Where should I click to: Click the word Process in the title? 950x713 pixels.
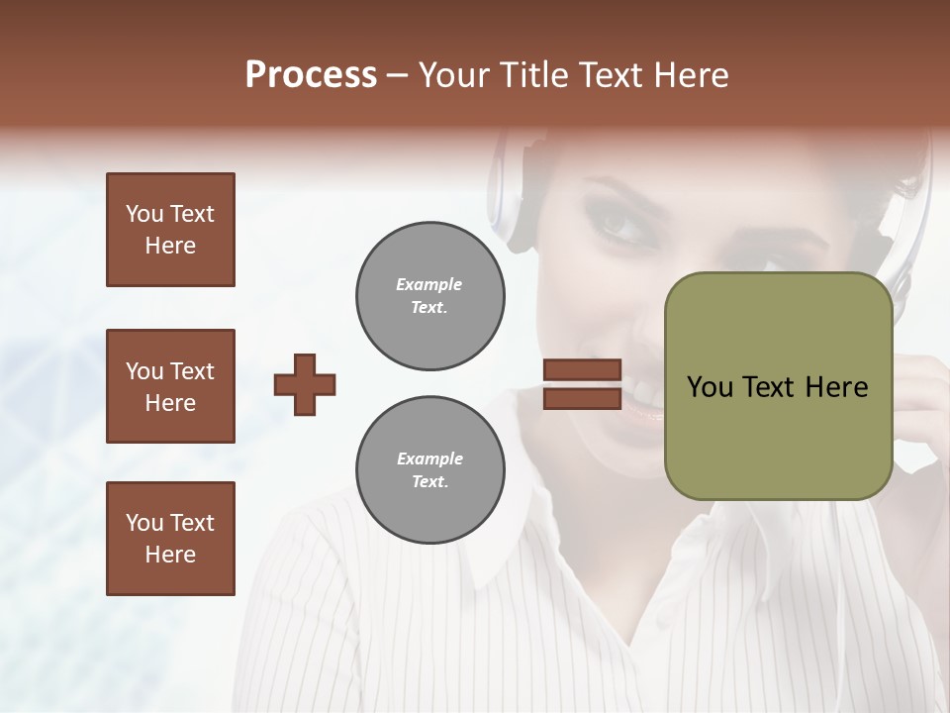(311, 75)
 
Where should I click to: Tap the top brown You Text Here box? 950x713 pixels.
(170, 230)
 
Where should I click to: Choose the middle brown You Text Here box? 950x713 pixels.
(170, 386)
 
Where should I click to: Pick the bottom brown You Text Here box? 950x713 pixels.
(170, 539)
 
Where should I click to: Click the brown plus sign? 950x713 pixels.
(305, 384)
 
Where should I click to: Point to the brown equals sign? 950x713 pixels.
(582, 384)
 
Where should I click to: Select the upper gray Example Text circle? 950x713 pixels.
(430, 296)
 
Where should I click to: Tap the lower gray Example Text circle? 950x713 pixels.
(430, 469)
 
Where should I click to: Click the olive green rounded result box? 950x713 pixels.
(778, 386)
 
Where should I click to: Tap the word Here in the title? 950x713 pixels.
(692, 75)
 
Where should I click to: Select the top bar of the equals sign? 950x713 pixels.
(582, 369)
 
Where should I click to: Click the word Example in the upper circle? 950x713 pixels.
(429, 284)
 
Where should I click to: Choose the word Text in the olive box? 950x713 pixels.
(768, 387)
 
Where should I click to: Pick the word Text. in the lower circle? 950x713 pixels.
(429, 481)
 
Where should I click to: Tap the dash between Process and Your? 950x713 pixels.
(397, 75)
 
